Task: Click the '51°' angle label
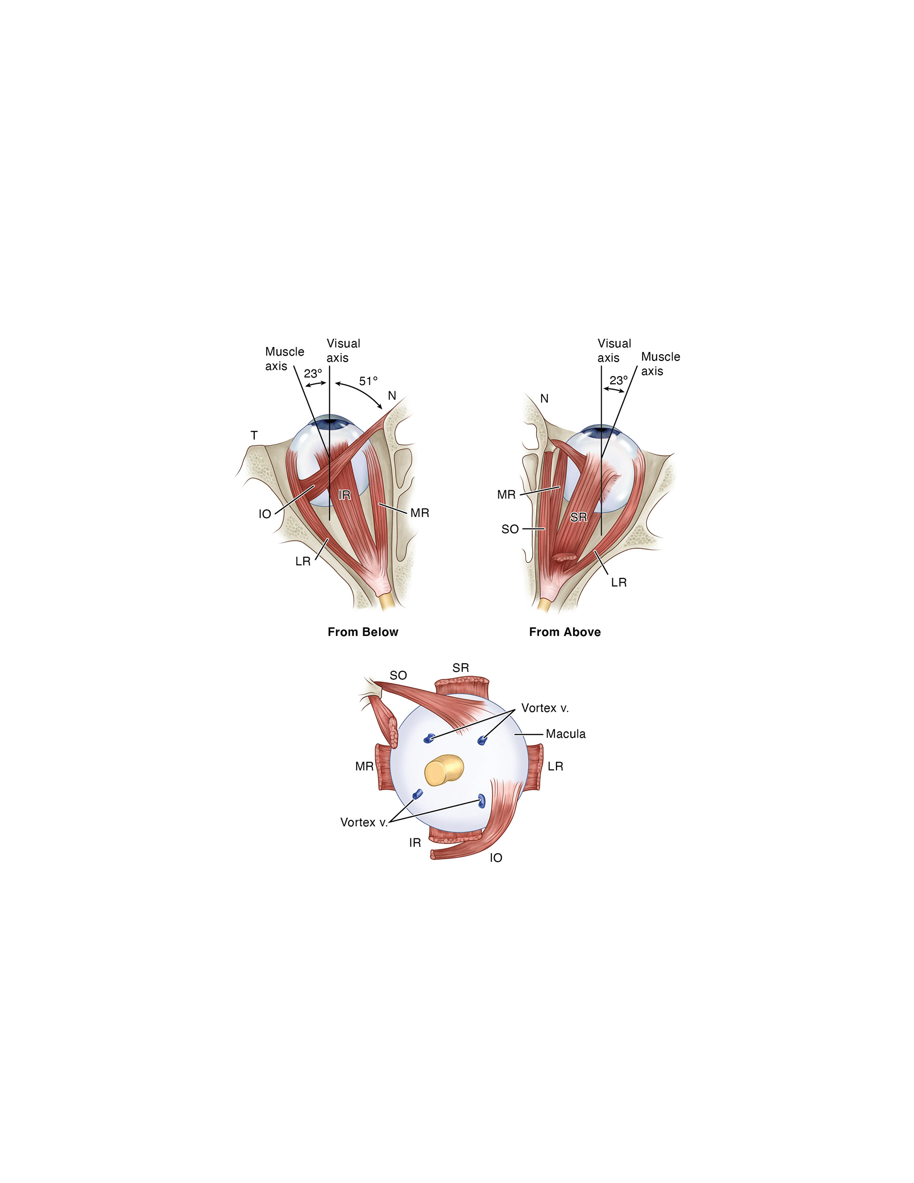pyautogui.click(x=368, y=381)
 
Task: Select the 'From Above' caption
pyautogui.click(x=565, y=632)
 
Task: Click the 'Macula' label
pyautogui.click(x=565, y=734)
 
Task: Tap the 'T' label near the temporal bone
pyautogui.click(x=254, y=435)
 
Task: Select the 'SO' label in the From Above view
pyautogui.click(x=510, y=529)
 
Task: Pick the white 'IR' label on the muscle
pyautogui.click(x=344, y=495)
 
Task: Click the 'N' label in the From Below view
pyautogui.click(x=392, y=396)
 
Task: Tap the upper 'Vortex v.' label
pyautogui.click(x=545, y=708)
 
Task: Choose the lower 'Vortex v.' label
pyautogui.click(x=364, y=822)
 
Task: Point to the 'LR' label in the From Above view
pyautogui.click(x=618, y=582)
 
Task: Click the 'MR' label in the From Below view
pyautogui.click(x=419, y=513)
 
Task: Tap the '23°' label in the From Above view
pyautogui.click(x=618, y=380)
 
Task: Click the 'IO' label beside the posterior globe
pyautogui.click(x=496, y=857)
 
